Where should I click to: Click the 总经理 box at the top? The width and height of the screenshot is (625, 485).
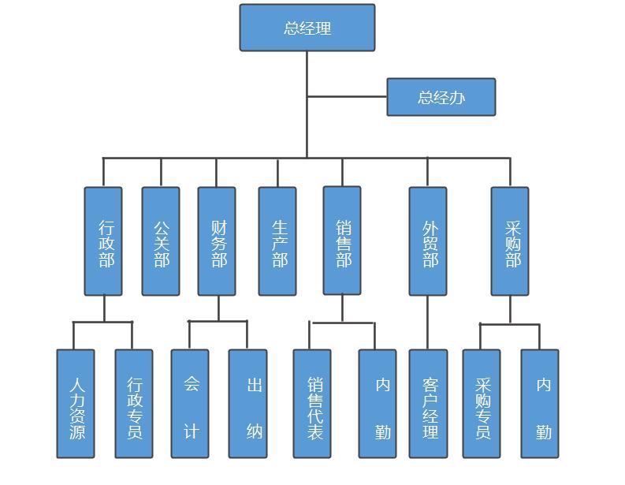[x=307, y=28]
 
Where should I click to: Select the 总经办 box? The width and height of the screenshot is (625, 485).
[x=441, y=97]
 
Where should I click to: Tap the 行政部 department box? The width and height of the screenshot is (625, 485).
[x=103, y=241]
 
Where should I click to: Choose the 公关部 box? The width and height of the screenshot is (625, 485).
[x=161, y=241]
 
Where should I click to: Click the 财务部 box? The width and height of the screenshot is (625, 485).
[x=217, y=241]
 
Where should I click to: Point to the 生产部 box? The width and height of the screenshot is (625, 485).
[x=277, y=241]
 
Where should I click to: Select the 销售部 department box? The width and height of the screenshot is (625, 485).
[x=342, y=241]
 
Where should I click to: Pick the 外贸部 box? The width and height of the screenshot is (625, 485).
[x=428, y=241]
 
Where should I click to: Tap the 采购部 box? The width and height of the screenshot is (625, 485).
[x=510, y=241]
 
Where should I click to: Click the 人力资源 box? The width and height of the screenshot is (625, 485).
[x=76, y=404]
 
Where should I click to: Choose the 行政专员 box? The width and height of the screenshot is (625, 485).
[x=134, y=404]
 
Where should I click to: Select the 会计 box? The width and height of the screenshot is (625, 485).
[x=190, y=404]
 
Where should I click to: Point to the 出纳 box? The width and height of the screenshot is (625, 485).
[x=248, y=404]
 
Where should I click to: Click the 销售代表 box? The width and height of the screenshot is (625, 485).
[x=312, y=404]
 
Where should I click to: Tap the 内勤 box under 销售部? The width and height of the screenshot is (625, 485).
[x=378, y=404]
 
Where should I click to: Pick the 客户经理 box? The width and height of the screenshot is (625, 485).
[x=428, y=404]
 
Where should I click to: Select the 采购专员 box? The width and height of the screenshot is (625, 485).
[x=482, y=404]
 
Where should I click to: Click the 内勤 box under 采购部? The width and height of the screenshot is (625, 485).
[x=540, y=404]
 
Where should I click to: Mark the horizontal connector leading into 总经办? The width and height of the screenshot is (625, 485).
[x=347, y=97]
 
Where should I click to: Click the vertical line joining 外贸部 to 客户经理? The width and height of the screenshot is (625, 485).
[x=428, y=323]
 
